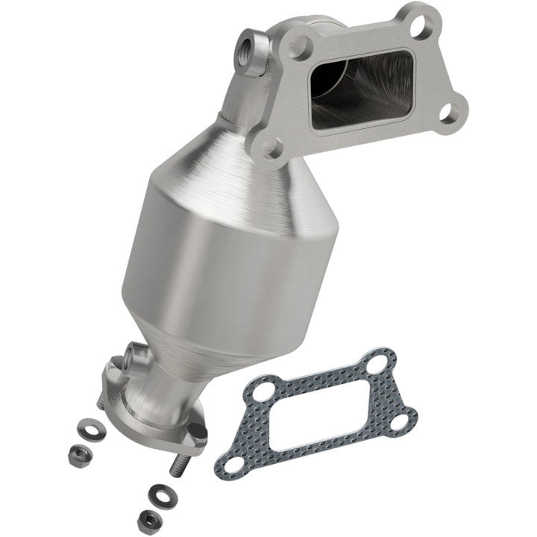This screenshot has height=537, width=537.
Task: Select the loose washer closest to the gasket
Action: point(160,492)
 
